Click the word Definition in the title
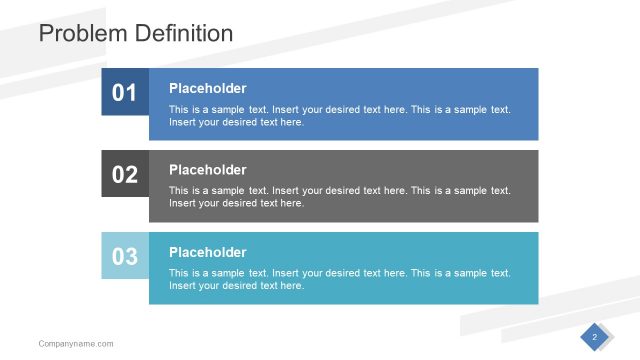180,33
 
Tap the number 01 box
124,93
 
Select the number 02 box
124,175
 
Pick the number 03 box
124,257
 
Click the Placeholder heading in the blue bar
207,88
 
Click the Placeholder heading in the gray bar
207,170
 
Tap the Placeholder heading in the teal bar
207,252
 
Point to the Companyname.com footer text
76,344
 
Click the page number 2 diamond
594,337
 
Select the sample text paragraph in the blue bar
340,115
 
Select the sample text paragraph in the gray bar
340,197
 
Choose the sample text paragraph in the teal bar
340,279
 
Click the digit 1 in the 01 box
131,93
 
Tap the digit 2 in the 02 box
131,175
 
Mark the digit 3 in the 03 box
131,257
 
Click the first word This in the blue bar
178,109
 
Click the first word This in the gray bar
178,191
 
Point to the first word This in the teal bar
178,273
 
